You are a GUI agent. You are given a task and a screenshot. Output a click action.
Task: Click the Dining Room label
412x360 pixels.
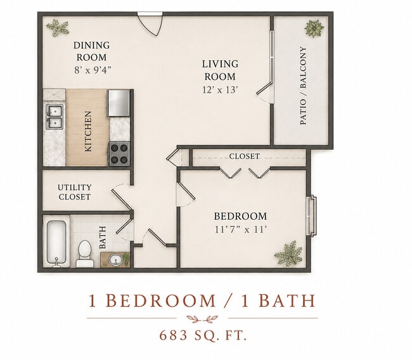click(91, 51)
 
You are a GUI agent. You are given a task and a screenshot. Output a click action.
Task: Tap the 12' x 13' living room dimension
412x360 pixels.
click(220, 90)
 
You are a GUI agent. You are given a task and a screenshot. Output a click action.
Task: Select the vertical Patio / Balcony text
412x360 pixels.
click(303, 86)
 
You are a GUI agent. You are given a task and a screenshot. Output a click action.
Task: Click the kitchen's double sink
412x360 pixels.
click(55, 117)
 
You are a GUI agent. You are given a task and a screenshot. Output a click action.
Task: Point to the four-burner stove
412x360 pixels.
click(120, 154)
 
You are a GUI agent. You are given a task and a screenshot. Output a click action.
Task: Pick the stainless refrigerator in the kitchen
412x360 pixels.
click(119, 103)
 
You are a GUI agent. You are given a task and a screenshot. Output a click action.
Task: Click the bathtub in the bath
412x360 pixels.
click(56, 241)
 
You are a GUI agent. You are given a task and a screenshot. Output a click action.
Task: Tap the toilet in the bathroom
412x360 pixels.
click(84, 254)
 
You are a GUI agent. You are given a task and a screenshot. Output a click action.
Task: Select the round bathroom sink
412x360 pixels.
click(115, 259)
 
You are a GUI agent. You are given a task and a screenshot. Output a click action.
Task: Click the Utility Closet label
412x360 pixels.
click(75, 192)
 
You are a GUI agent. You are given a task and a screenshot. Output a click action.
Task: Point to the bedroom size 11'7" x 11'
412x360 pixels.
click(241, 229)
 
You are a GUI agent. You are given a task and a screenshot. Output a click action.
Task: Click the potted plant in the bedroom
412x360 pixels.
click(288, 254)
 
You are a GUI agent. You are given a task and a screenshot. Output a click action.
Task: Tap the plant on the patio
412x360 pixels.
click(314, 29)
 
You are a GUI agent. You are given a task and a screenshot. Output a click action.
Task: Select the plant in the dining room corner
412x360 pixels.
click(57, 27)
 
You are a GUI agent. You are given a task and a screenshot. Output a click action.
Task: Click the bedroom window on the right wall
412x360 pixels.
click(312, 216)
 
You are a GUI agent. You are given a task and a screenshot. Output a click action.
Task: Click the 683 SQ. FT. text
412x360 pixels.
click(203, 335)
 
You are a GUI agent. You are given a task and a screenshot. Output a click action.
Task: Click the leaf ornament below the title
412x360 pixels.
click(202, 319)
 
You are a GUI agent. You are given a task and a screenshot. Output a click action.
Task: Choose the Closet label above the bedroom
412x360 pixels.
click(245, 157)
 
